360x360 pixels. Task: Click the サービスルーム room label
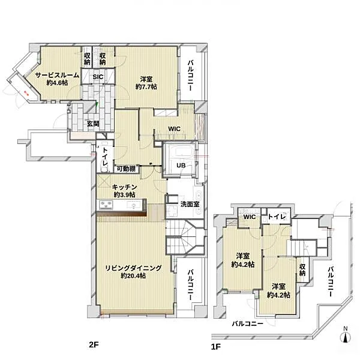(58, 75)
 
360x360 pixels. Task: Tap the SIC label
(98, 77)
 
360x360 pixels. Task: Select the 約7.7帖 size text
(146, 87)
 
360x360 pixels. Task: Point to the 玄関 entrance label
(93, 124)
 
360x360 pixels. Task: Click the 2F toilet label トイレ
(105, 157)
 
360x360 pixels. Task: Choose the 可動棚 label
(126, 169)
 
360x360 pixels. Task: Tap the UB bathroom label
(181, 166)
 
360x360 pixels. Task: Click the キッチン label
(124, 187)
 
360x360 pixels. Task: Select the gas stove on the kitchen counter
(106, 205)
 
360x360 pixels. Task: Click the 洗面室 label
(190, 204)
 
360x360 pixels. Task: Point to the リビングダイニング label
(133, 268)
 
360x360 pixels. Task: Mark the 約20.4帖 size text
(133, 275)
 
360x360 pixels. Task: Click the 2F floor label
(94, 344)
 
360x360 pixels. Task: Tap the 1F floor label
(216, 346)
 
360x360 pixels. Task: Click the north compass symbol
(346, 335)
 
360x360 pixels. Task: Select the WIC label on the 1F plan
(250, 217)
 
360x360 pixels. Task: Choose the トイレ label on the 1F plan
(277, 217)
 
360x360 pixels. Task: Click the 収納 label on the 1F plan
(302, 270)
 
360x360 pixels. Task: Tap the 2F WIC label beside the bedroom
(174, 129)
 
